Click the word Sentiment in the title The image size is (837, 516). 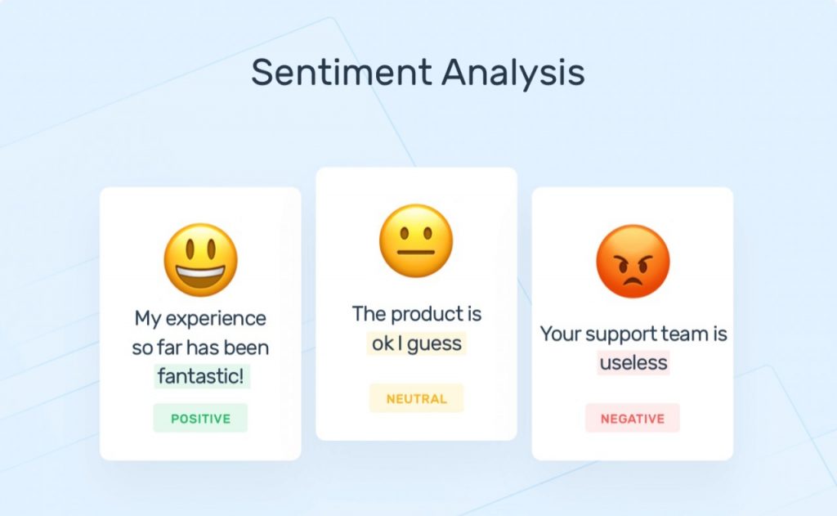click(x=342, y=72)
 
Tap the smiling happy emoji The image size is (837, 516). click(x=201, y=260)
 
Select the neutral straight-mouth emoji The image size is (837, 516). click(x=416, y=241)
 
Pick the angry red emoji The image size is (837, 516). click(x=633, y=261)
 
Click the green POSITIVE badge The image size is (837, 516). click(x=201, y=418)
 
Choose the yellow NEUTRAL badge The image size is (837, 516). click(x=416, y=398)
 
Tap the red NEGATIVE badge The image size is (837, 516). click(x=633, y=418)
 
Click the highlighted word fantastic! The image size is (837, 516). click(x=201, y=375)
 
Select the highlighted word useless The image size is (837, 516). click(x=633, y=363)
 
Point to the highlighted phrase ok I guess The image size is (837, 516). click(x=416, y=343)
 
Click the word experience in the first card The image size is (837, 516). click(x=216, y=319)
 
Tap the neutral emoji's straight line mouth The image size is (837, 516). click(x=416, y=252)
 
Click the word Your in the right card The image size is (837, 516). click(x=561, y=334)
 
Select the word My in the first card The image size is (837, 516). click(x=148, y=319)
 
